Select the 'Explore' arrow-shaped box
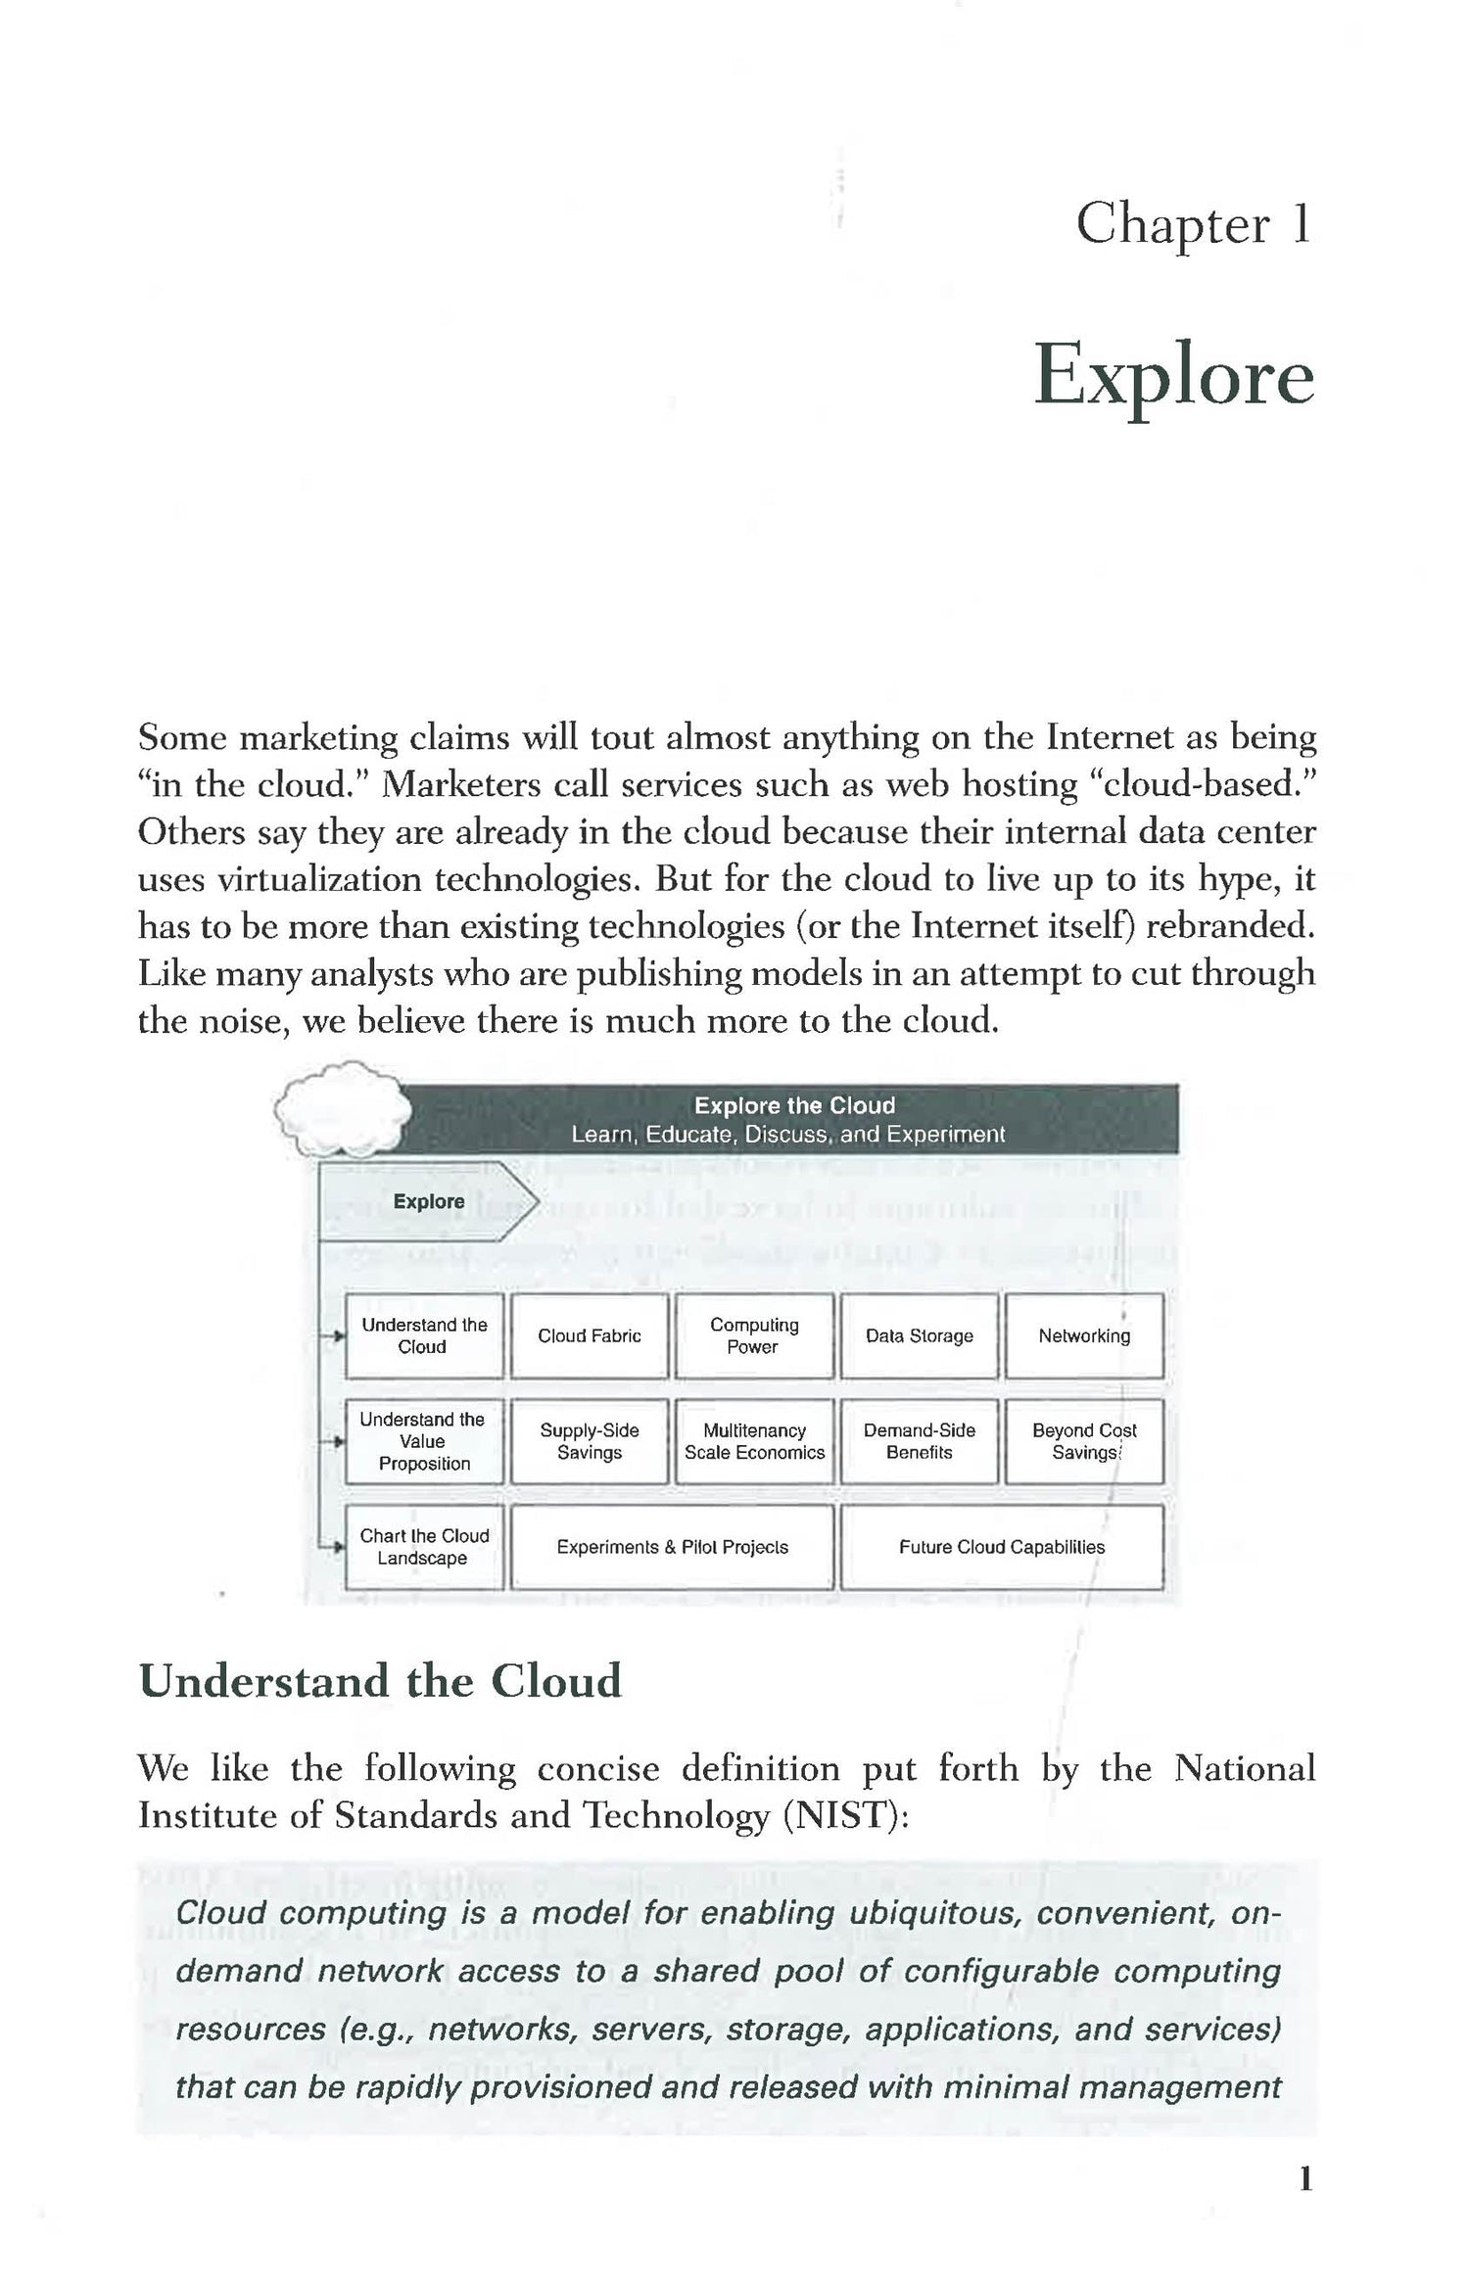tap(428, 1201)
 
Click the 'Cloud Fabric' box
tap(590, 1335)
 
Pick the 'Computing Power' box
tap(754, 1335)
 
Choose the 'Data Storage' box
tap(919, 1335)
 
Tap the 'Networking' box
tap(1084, 1335)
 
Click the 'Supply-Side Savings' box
tap(590, 1441)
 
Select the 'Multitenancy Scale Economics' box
tap(754, 1441)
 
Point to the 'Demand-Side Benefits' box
tap(919, 1441)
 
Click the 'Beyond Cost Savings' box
tap(1084, 1441)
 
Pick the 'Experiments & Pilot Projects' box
tap(672, 1547)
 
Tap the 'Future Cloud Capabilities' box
tap(1002, 1547)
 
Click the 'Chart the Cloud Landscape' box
tap(424, 1547)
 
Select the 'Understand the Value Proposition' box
tap(424, 1441)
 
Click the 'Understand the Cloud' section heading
tap(380, 1681)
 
